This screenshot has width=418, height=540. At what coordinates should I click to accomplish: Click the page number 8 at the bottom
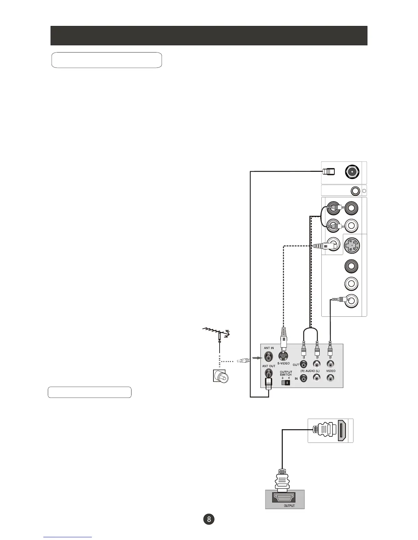[209, 519]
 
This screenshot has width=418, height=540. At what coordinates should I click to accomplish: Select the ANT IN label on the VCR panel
[269, 348]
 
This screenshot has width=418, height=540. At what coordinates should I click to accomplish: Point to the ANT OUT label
[269, 366]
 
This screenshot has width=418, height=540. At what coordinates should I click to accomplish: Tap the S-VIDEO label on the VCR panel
[283, 363]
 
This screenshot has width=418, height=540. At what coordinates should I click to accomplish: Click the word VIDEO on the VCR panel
[331, 371]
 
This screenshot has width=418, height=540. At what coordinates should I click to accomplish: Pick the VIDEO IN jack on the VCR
[330, 378]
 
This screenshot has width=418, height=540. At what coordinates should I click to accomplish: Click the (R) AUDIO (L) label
[310, 371]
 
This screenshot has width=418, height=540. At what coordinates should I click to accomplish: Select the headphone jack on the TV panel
[356, 191]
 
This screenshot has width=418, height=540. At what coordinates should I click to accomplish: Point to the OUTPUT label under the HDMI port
[289, 506]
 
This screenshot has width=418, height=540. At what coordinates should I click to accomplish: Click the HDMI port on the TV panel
[343, 430]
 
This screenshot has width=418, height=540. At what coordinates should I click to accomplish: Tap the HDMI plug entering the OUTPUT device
[282, 481]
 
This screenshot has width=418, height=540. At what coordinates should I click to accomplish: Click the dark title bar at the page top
[209, 35]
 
